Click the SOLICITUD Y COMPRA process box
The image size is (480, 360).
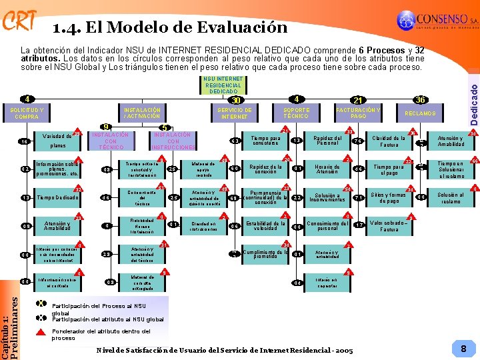coord(27,113)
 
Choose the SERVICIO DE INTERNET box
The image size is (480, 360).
coord(235,113)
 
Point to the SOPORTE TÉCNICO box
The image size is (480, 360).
coord(295,113)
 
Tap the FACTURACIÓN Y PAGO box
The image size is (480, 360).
coord(359,113)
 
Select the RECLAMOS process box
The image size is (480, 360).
coord(420,113)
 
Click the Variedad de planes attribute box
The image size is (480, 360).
coord(58,141)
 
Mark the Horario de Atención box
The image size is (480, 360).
coord(327,169)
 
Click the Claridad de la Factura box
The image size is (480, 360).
coord(389,141)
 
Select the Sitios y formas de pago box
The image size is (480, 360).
coord(389,197)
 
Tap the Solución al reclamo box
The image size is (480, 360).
coord(451,197)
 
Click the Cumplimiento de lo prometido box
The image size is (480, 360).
coord(265,253)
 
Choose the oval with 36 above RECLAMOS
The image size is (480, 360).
coord(420,99)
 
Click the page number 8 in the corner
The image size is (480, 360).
coord(463,348)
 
